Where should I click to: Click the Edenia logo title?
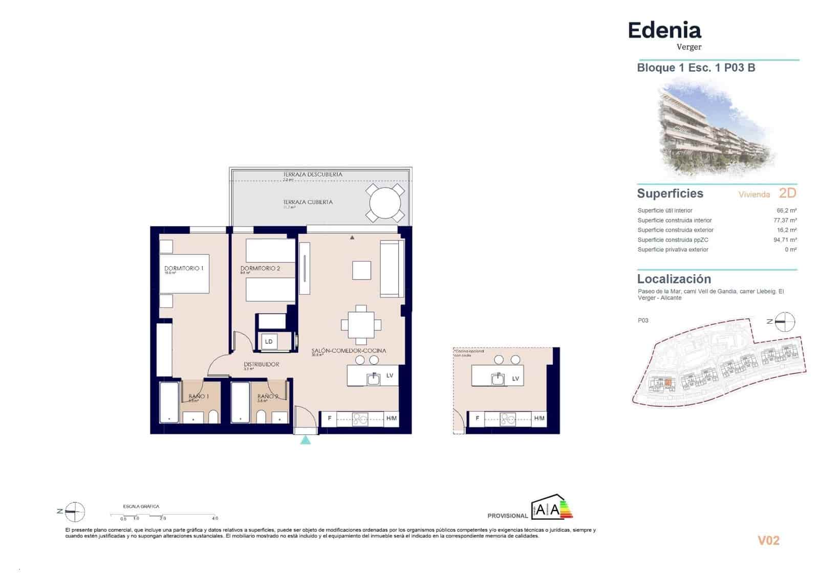pyautogui.click(x=664, y=31)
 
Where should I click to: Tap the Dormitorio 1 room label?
pyautogui.click(x=184, y=269)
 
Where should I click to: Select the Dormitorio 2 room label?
pyautogui.click(x=260, y=269)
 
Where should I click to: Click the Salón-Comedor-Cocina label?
pyautogui.click(x=349, y=351)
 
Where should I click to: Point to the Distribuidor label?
pyautogui.click(x=261, y=365)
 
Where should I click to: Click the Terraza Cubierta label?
pyautogui.click(x=308, y=202)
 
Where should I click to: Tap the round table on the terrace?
pyautogui.click(x=385, y=203)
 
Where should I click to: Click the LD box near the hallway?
pyautogui.click(x=269, y=342)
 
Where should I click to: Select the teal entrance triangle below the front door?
pyautogui.click(x=306, y=439)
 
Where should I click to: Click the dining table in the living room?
pyautogui.click(x=361, y=325)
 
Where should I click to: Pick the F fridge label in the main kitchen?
pyautogui.click(x=330, y=418)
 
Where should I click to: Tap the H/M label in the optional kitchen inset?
pyautogui.click(x=539, y=418)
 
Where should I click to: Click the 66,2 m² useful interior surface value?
pyautogui.click(x=786, y=210)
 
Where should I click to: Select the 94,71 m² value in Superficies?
pyautogui.click(x=785, y=240)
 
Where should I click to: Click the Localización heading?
pyautogui.click(x=674, y=279)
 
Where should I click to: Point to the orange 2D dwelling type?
pyautogui.click(x=787, y=193)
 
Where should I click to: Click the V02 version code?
pyautogui.click(x=768, y=541)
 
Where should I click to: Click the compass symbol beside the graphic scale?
pyautogui.click(x=75, y=511)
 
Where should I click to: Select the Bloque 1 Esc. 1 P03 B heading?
pyautogui.click(x=696, y=68)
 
